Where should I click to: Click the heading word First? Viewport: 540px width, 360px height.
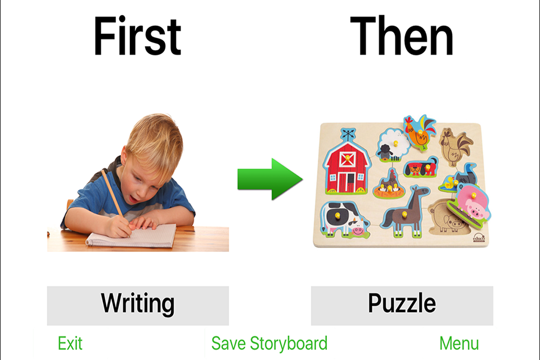pyautogui.click(x=137, y=36)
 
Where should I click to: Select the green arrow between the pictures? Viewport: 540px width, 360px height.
pyautogui.click(x=270, y=179)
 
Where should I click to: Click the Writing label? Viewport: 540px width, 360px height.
pyautogui.click(x=138, y=304)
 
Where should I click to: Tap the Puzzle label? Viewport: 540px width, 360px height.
pyautogui.click(x=402, y=303)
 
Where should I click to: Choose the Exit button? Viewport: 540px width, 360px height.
pyautogui.click(x=70, y=344)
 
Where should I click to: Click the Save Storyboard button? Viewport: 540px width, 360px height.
pyautogui.click(x=269, y=344)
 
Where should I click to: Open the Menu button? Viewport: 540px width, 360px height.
pyautogui.click(x=459, y=344)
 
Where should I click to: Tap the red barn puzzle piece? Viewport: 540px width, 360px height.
pyautogui.click(x=346, y=162)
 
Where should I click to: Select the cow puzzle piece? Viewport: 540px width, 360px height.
pyautogui.click(x=344, y=219)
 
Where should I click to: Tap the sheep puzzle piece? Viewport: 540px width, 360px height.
pyautogui.click(x=393, y=145)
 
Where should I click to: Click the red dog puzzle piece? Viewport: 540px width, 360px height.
pyautogui.click(x=421, y=167)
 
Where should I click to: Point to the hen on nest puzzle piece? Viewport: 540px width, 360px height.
pyautogui.click(x=389, y=185)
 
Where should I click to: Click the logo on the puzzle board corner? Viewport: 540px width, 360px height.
pyautogui.click(x=479, y=238)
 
